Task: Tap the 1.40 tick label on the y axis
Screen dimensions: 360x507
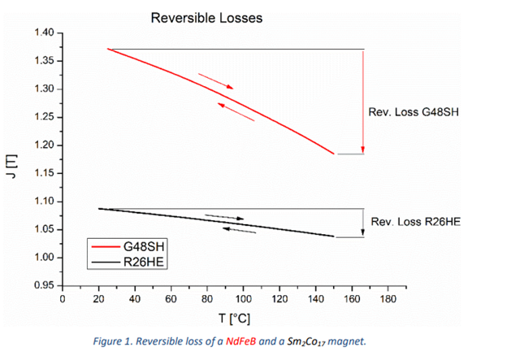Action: click(x=43, y=33)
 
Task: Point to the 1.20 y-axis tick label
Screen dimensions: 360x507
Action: click(x=43, y=145)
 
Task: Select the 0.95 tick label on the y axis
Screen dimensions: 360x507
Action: click(x=43, y=285)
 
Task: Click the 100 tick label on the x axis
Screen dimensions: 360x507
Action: click(x=243, y=299)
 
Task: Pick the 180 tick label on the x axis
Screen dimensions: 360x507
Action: click(x=388, y=299)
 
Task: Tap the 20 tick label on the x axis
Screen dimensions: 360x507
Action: click(x=98, y=299)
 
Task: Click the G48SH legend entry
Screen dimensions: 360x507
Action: click(x=143, y=245)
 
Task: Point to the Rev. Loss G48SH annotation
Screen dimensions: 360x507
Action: click(x=414, y=111)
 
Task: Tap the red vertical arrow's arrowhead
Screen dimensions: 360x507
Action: click(x=362, y=150)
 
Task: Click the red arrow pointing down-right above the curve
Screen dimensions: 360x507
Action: click(x=215, y=80)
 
